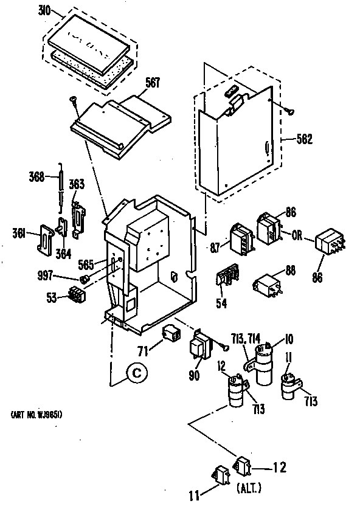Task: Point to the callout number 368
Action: point(38,178)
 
